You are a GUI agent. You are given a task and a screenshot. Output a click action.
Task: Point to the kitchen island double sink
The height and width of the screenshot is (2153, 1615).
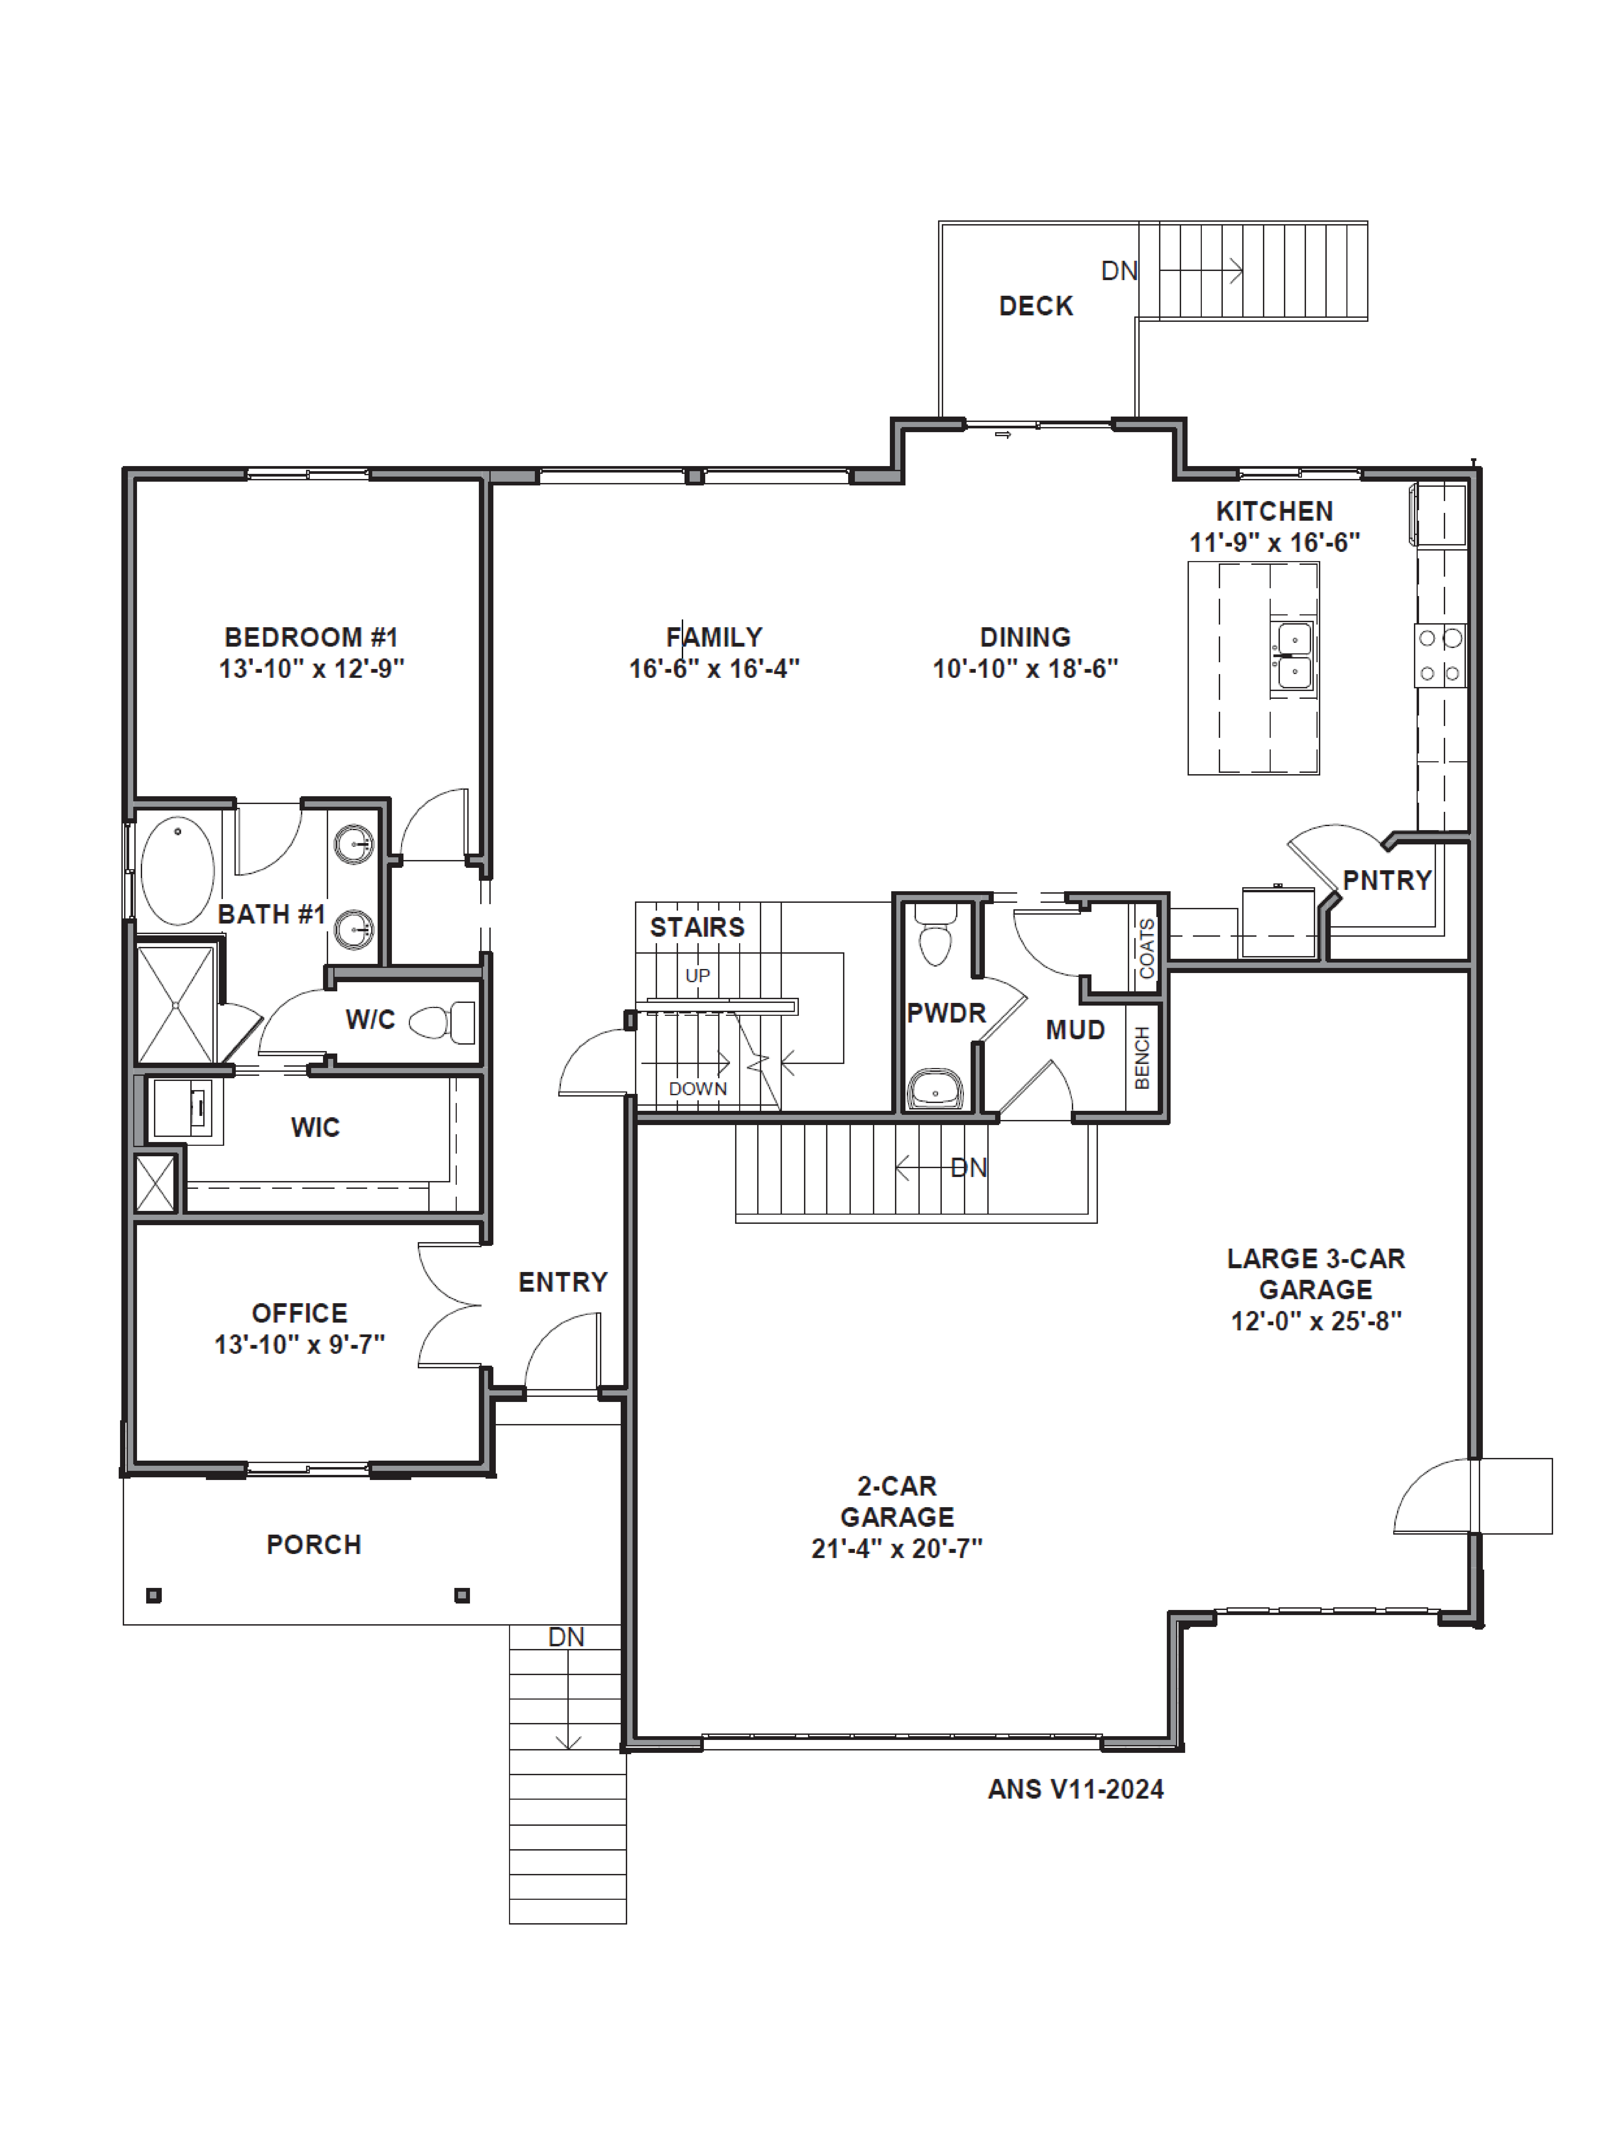pos(1294,655)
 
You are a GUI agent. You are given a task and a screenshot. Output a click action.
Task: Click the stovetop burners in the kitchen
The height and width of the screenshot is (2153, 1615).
pos(1440,655)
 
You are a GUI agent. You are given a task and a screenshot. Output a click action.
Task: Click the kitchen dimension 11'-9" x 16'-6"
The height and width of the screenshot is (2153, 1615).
pos(1274,542)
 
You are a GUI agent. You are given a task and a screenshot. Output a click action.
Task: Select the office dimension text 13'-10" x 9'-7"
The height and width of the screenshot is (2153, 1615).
pos(300,1344)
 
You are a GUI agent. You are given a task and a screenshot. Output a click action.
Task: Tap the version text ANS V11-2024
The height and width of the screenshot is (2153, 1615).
pos(1076,1789)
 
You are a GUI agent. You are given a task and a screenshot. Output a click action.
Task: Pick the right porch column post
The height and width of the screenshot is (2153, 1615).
pos(462,1595)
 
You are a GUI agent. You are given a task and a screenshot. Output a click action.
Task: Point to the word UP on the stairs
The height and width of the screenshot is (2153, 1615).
pos(697,975)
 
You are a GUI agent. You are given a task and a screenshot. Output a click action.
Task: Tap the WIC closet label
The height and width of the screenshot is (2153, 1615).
pos(315,1127)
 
